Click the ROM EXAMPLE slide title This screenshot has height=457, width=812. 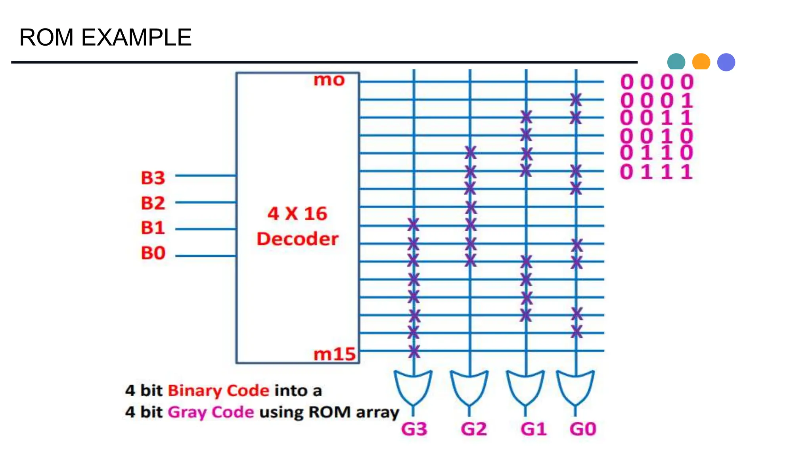tap(105, 38)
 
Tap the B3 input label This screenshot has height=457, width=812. tap(153, 178)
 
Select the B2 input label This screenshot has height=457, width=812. tap(153, 203)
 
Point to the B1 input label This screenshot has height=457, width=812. tap(153, 228)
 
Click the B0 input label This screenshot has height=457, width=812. tap(153, 253)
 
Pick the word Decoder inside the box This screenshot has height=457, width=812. tap(297, 239)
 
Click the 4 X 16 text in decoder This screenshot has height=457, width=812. tap(297, 214)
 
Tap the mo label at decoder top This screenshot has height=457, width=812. tap(329, 80)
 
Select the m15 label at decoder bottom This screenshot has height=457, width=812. tap(335, 354)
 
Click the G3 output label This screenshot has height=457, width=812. tap(414, 429)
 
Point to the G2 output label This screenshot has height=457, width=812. tap(473, 429)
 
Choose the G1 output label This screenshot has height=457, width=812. tap(533, 429)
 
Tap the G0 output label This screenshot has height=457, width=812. tap(583, 429)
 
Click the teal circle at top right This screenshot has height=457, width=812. tap(676, 62)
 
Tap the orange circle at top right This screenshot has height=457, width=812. tap(701, 62)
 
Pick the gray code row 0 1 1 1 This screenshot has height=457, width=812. tap(656, 172)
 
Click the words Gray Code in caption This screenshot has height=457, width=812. tap(211, 412)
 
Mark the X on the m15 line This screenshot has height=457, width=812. tap(414, 351)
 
